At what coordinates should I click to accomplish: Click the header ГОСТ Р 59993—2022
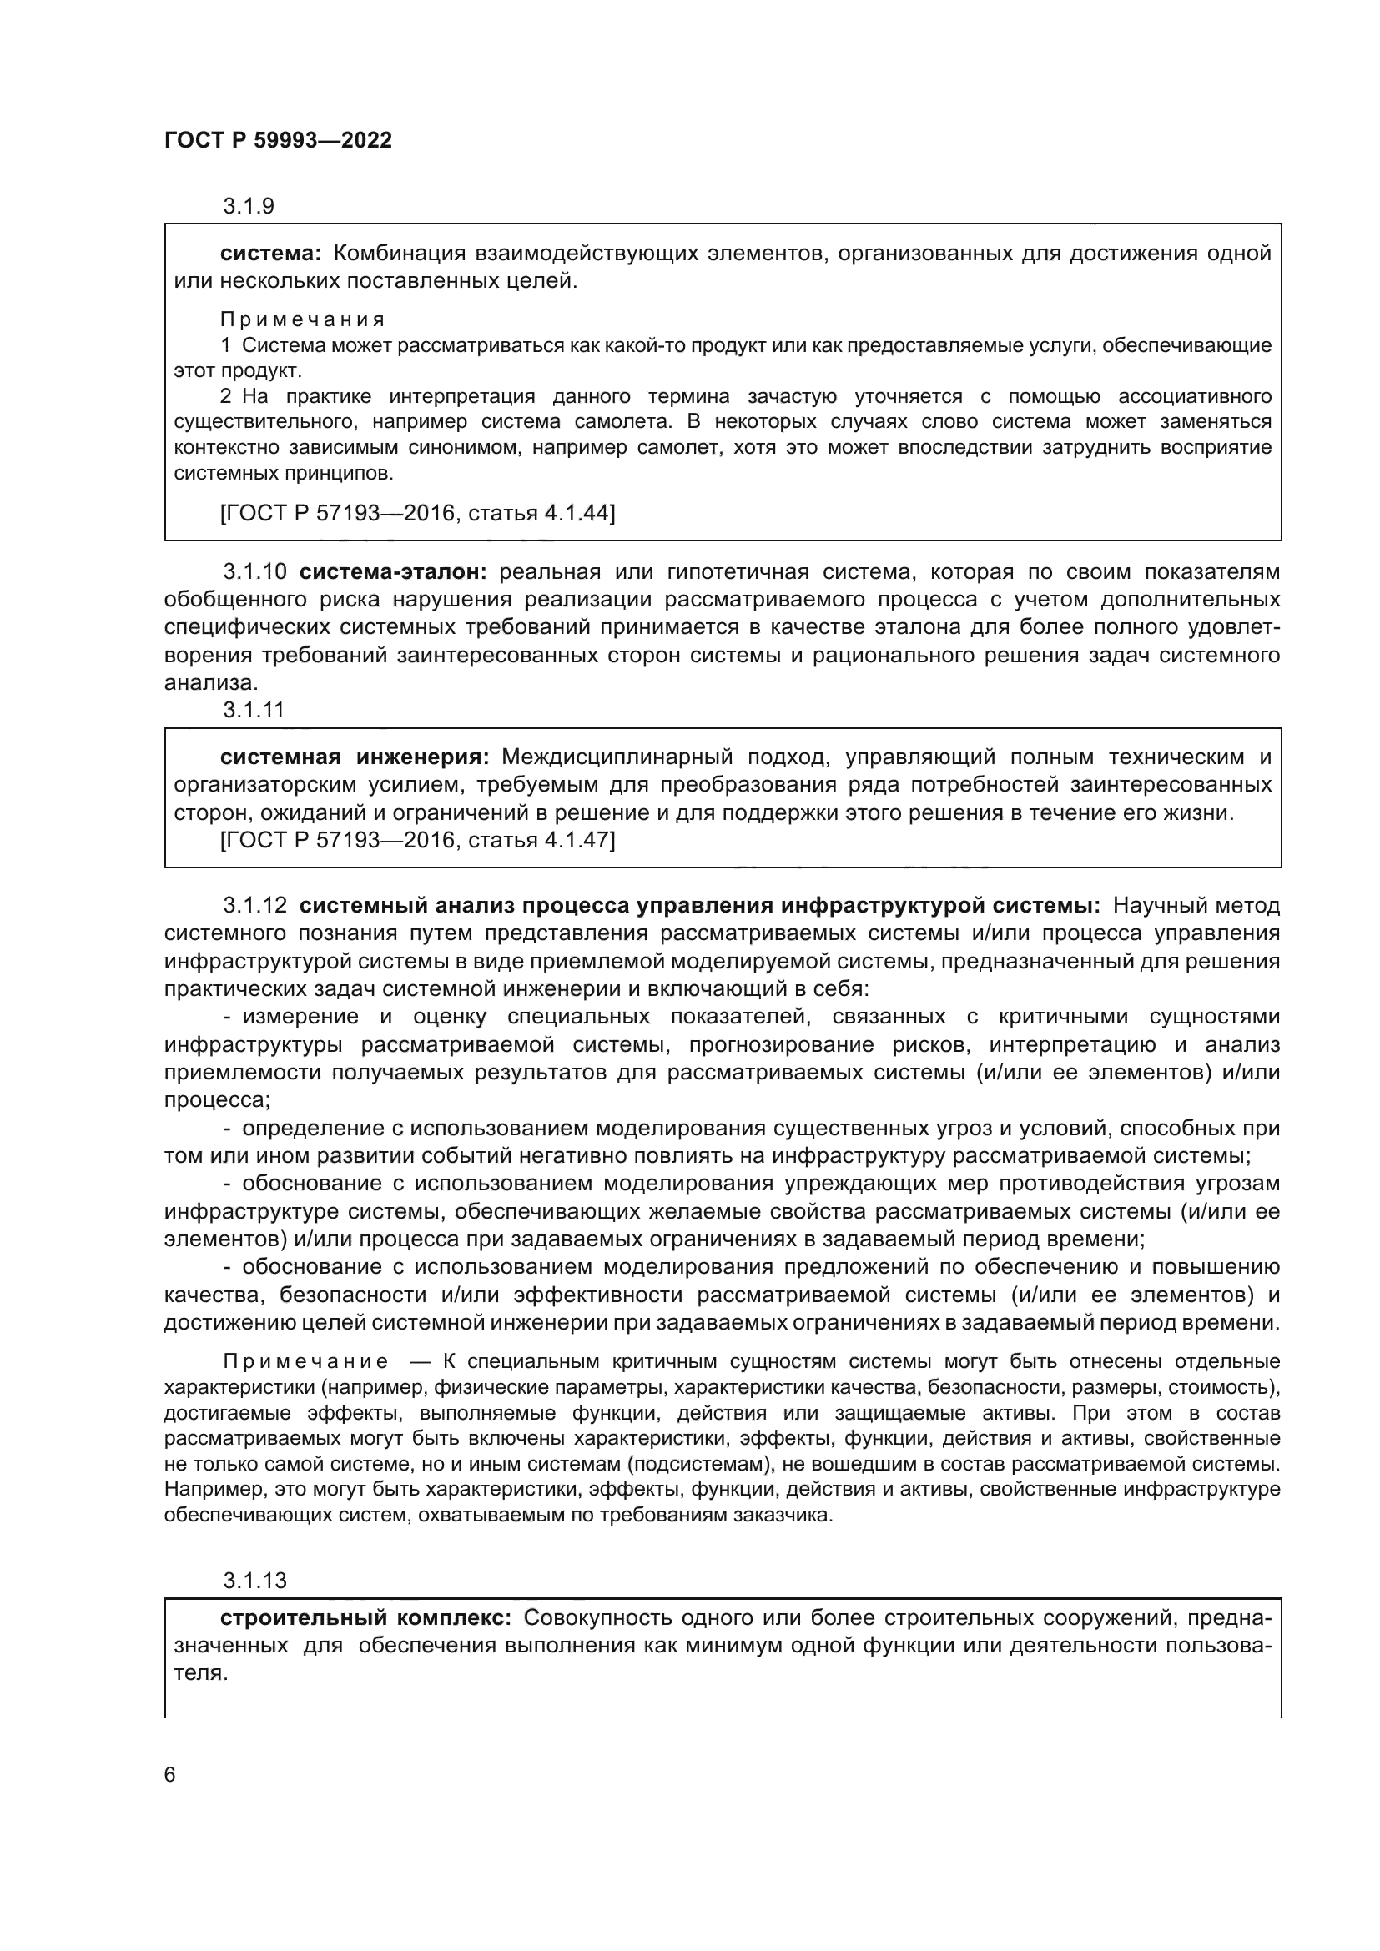pos(278,140)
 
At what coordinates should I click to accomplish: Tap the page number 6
pos(170,1775)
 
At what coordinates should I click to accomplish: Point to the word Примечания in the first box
pos(302,319)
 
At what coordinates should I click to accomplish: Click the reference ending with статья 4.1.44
pos(417,513)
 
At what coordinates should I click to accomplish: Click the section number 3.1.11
pos(254,710)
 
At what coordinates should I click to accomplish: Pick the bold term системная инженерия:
pos(355,757)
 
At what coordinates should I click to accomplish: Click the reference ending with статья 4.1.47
pos(417,841)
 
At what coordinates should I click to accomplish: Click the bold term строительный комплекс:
pos(365,1618)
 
